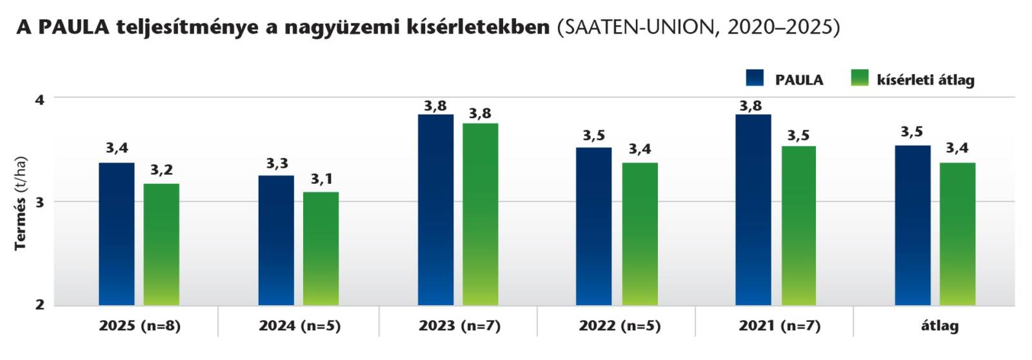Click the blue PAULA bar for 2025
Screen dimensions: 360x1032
[117, 234]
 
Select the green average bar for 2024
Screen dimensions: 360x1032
[321, 248]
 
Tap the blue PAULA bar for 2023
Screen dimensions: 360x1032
[435, 210]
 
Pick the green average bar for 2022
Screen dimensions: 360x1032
[640, 234]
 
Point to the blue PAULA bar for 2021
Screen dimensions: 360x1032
[753, 210]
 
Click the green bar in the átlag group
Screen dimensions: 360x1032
[957, 234]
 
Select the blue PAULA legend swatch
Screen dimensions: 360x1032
[755, 78]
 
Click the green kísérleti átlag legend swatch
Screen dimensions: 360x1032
[860, 78]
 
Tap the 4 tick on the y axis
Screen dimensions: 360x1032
[40, 99]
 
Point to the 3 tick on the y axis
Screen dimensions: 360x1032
[40, 202]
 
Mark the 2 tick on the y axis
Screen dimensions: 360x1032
[40, 305]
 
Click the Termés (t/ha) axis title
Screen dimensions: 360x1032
[21, 203]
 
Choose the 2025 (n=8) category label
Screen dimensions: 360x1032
[139, 326]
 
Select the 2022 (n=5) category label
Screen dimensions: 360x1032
[619, 326]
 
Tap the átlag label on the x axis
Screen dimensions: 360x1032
[939, 326]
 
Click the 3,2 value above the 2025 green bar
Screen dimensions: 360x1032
[161, 170]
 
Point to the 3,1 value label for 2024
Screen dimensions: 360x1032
[321, 179]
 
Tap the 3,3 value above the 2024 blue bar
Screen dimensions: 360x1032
[277, 163]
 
